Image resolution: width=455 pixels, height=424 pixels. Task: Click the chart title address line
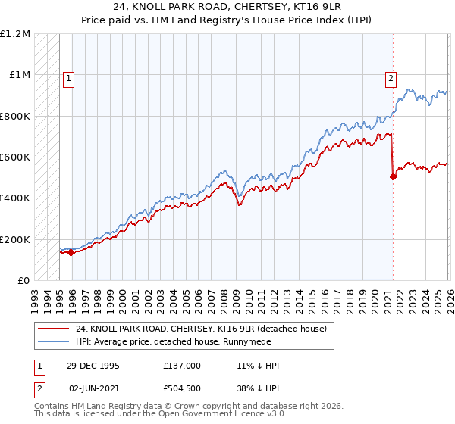[227, 7]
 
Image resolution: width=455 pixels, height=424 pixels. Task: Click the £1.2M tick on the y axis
[15, 34]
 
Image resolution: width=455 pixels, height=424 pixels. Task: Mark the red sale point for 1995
[71, 252]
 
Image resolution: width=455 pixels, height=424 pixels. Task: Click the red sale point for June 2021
[393, 177]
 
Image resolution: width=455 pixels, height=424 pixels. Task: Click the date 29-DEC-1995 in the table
[93, 366]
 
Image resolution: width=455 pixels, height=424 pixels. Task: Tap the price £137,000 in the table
[181, 366]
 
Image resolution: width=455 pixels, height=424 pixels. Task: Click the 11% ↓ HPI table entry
[258, 366]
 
